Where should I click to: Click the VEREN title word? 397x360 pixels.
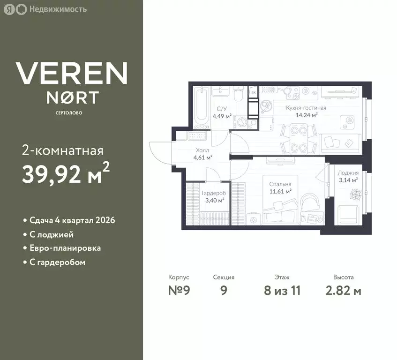click(x=71, y=73)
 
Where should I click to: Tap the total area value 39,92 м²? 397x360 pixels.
click(x=66, y=173)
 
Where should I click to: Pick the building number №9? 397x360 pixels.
click(x=179, y=290)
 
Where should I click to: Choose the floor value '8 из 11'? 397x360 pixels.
click(x=282, y=290)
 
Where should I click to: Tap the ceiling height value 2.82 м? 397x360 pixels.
click(x=343, y=290)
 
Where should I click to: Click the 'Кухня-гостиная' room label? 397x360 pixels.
click(x=306, y=108)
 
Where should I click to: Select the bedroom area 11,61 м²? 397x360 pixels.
click(x=280, y=191)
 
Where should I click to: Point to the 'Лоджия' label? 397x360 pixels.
click(x=348, y=173)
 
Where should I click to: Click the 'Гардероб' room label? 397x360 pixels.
click(x=214, y=193)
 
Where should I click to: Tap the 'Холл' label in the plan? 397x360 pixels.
click(x=202, y=150)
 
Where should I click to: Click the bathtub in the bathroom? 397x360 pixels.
click(x=202, y=107)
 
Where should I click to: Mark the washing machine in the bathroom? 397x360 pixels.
click(x=240, y=122)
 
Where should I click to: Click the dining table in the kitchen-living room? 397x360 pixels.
click(x=299, y=138)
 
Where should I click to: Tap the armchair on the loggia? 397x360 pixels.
click(x=349, y=216)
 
